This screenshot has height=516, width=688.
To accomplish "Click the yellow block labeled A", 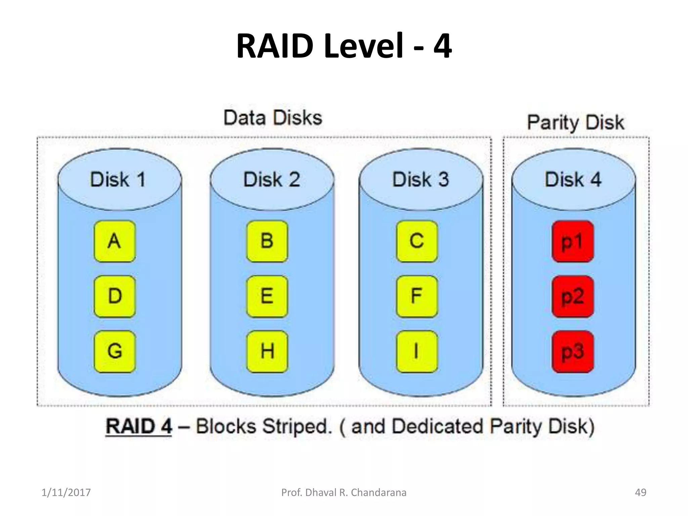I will tap(115, 241).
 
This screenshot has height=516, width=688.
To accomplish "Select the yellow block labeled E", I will tap(267, 296).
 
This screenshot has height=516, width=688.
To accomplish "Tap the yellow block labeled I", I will tap(417, 351).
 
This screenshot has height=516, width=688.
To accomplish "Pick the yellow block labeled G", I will tap(115, 351).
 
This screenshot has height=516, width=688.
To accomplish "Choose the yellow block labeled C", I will tap(417, 241).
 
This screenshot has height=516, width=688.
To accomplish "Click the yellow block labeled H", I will tap(267, 351).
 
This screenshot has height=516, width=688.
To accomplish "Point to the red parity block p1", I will tap(572, 241).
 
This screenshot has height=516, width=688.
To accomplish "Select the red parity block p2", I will tap(572, 296).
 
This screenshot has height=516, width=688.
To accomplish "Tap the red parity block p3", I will tap(572, 351).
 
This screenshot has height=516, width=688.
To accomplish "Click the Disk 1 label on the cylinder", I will tap(118, 179).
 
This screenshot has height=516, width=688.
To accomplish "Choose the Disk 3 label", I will tap(421, 179).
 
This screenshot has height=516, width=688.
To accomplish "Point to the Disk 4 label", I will tap(573, 179).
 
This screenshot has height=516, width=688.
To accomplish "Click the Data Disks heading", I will tap(273, 118).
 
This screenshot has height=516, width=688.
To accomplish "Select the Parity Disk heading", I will tap(575, 122).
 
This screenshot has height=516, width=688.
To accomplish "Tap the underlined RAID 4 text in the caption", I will tap(139, 427).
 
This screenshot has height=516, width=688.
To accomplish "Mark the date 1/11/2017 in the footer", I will tap(66, 492).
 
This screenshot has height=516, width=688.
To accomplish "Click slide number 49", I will tap(640, 492).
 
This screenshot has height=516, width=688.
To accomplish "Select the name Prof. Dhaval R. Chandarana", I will tap(344, 492).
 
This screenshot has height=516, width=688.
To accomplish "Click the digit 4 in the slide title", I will tap(442, 46).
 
